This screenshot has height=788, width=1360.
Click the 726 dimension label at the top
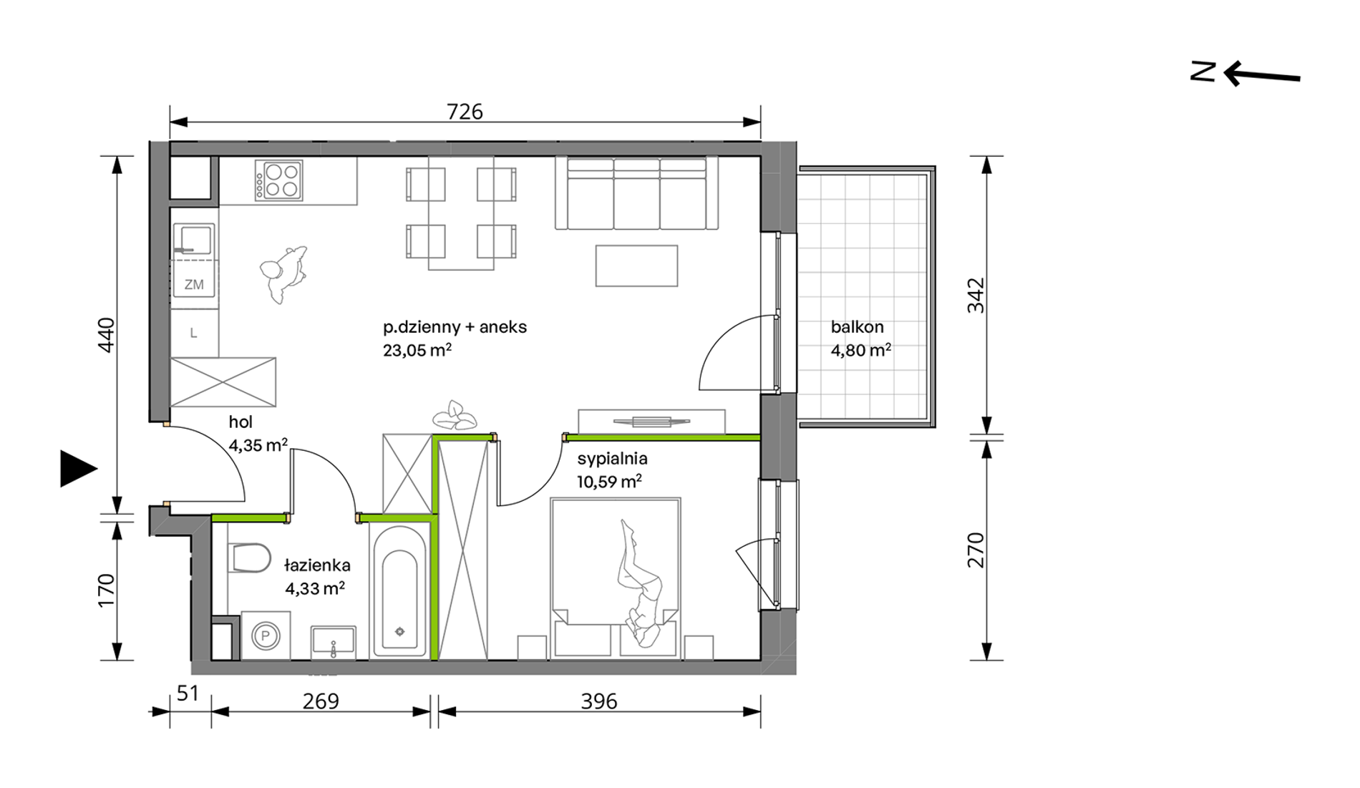pyautogui.click(x=465, y=112)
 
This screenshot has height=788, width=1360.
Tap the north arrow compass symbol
pyautogui.click(x=1245, y=74)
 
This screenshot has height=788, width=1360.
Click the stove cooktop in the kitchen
pyautogui.click(x=279, y=180)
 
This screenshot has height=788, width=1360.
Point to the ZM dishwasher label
pyautogui.click(x=194, y=285)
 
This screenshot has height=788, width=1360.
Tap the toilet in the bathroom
pyautogui.click(x=249, y=558)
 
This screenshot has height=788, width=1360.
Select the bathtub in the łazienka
pyautogui.click(x=399, y=590)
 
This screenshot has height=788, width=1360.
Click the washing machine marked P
pyautogui.click(x=266, y=635)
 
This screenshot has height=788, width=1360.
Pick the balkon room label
pyautogui.click(x=857, y=327)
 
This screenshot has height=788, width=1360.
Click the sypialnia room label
pyautogui.click(x=612, y=459)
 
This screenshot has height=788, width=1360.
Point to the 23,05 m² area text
pyautogui.click(x=417, y=350)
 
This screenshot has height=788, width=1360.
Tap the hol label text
pyautogui.click(x=241, y=422)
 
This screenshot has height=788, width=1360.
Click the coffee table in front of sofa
pyautogui.click(x=636, y=266)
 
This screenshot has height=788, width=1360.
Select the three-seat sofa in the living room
pyautogui.click(x=636, y=193)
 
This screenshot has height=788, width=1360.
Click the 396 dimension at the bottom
pyautogui.click(x=598, y=701)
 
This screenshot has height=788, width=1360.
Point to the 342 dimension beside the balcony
pyautogui.click(x=976, y=296)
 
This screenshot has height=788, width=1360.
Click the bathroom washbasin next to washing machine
pyautogui.click(x=333, y=641)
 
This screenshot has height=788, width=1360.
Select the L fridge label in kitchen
pyautogui.click(x=193, y=333)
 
